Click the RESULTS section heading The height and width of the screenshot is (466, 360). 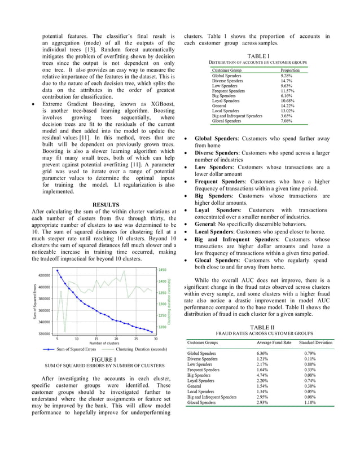(106, 204)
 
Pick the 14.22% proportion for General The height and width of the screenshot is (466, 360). (288, 105)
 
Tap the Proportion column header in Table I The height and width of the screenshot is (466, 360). (291, 70)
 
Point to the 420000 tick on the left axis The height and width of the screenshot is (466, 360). (43, 275)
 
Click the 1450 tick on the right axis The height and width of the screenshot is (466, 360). (162, 270)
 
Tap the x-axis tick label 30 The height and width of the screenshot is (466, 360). (156, 338)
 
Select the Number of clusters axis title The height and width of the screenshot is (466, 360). (104, 343)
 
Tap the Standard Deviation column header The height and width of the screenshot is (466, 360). (315, 342)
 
